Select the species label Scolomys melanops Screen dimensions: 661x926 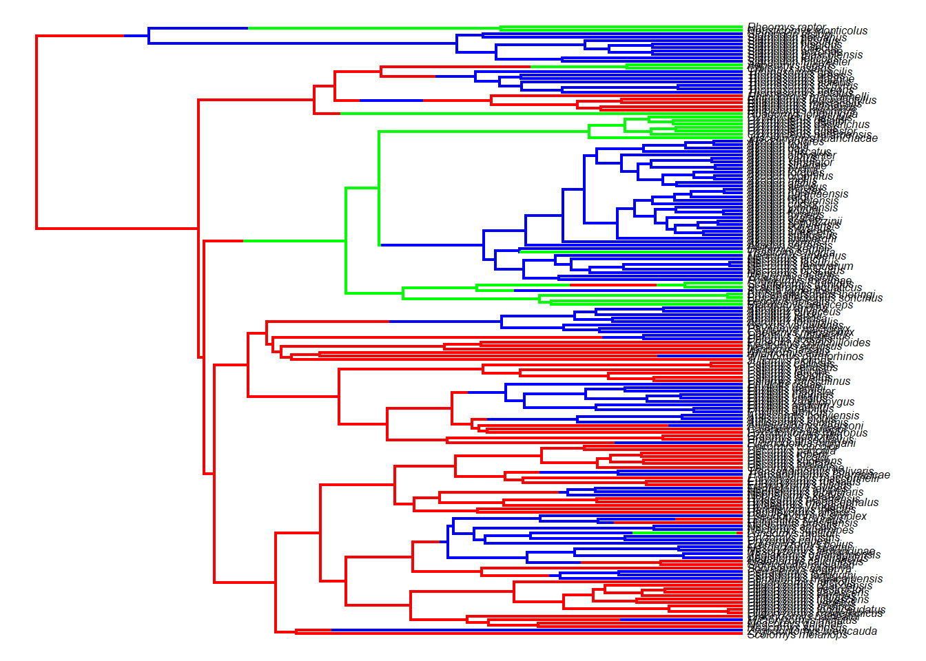[797, 635]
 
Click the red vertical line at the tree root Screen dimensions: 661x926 [37, 131]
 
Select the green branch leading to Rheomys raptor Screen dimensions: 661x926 [372, 28]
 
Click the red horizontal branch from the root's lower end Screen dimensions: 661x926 [117, 228]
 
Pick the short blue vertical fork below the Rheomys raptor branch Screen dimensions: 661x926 [149, 36]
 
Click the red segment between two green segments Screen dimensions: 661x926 [613, 284]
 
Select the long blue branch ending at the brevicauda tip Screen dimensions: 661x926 [537, 631]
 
